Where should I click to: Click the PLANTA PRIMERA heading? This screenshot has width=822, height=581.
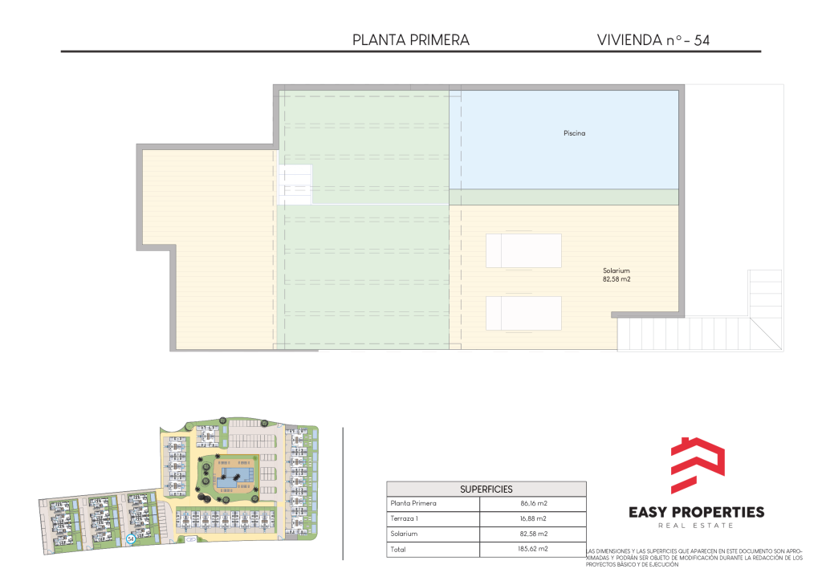(x=410, y=40)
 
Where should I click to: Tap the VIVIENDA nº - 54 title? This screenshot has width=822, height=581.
(x=653, y=40)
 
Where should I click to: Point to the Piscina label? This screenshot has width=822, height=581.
(x=575, y=133)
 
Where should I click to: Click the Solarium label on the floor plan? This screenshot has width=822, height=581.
(x=616, y=271)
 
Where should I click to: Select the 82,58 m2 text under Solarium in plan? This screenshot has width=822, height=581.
(x=616, y=279)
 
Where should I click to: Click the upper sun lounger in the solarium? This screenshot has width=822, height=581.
(x=523, y=250)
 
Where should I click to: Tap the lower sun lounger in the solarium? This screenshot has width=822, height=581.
(x=523, y=313)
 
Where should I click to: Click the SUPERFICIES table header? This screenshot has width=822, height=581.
(x=486, y=490)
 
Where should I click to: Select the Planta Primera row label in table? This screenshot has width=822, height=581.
(x=413, y=503)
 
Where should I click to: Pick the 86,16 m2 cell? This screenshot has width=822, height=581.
(x=534, y=503)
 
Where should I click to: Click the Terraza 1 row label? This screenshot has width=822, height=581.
(x=405, y=518)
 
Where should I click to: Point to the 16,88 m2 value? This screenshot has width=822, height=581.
(x=533, y=518)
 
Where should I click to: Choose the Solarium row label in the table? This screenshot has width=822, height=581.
(x=405, y=534)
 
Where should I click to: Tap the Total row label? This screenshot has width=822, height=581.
(x=398, y=550)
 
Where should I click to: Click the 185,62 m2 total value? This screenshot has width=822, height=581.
(x=533, y=549)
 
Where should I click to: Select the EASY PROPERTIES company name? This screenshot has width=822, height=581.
(x=696, y=512)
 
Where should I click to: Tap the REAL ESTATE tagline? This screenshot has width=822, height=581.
(x=696, y=526)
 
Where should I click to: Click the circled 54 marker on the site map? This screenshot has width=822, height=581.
(x=131, y=538)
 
